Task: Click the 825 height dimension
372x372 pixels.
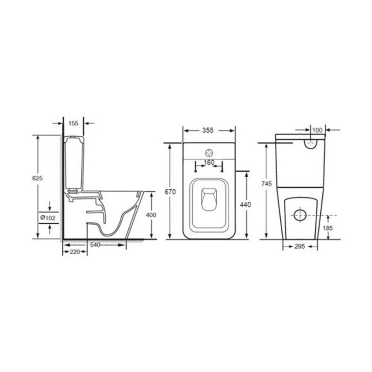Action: pyautogui.click(x=37, y=178)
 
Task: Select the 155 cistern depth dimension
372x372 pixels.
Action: pyautogui.click(x=73, y=123)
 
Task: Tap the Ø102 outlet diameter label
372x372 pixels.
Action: pyautogui.click(x=48, y=218)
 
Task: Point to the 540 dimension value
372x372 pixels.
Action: pyautogui.click(x=95, y=245)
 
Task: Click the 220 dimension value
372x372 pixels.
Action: pyautogui.click(x=75, y=252)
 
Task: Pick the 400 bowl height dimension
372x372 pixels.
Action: pyautogui.click(x=151, y=215)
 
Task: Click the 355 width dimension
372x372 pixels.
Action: pyautogui.click(x=208, y=130)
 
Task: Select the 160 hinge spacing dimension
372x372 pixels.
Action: pyautogui.click(x=209, y=162)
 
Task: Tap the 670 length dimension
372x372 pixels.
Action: pyautogui.click(x=170, y=192)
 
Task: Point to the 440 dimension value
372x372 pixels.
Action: pyautogui.click(x=246, y=205)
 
